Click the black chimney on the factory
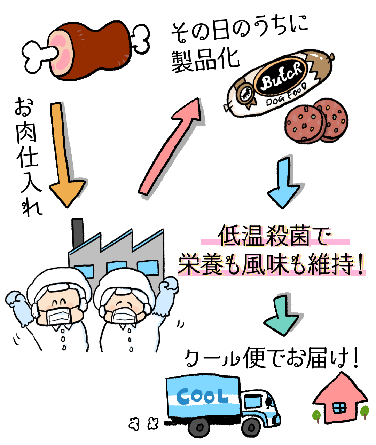(77, 233)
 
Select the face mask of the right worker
(125, 317)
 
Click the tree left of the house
(317, 415)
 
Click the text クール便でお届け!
(272, 358)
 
